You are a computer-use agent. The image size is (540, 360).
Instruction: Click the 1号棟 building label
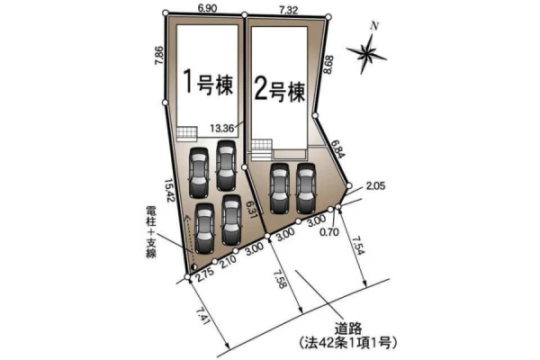point(208,82)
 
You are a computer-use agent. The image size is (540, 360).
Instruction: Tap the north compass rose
point(367,51)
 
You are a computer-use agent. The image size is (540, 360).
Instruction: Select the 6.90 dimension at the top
point(208,8)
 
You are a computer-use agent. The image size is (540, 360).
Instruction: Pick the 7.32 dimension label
point(288,10)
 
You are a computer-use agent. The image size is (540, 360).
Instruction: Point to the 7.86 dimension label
point(159,56)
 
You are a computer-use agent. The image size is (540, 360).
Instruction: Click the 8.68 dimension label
point(328,65)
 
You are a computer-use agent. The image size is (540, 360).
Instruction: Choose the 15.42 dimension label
point(170,190)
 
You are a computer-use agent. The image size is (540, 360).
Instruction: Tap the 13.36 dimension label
point(221,129)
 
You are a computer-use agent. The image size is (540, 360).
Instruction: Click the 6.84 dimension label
point(337,148)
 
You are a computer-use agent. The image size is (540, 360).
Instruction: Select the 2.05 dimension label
point(375,186)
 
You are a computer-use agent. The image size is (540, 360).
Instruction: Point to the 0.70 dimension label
point(329,232)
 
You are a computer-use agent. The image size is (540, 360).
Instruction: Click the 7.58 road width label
point(280,279)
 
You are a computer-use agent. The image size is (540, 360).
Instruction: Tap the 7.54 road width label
point(358,246)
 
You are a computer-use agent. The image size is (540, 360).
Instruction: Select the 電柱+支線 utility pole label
point(151,231)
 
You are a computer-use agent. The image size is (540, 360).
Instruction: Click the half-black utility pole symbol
point(193,266)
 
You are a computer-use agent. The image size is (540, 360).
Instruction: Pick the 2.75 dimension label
point(205,274)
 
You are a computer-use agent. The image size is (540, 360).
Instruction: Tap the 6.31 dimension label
point(252,211)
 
